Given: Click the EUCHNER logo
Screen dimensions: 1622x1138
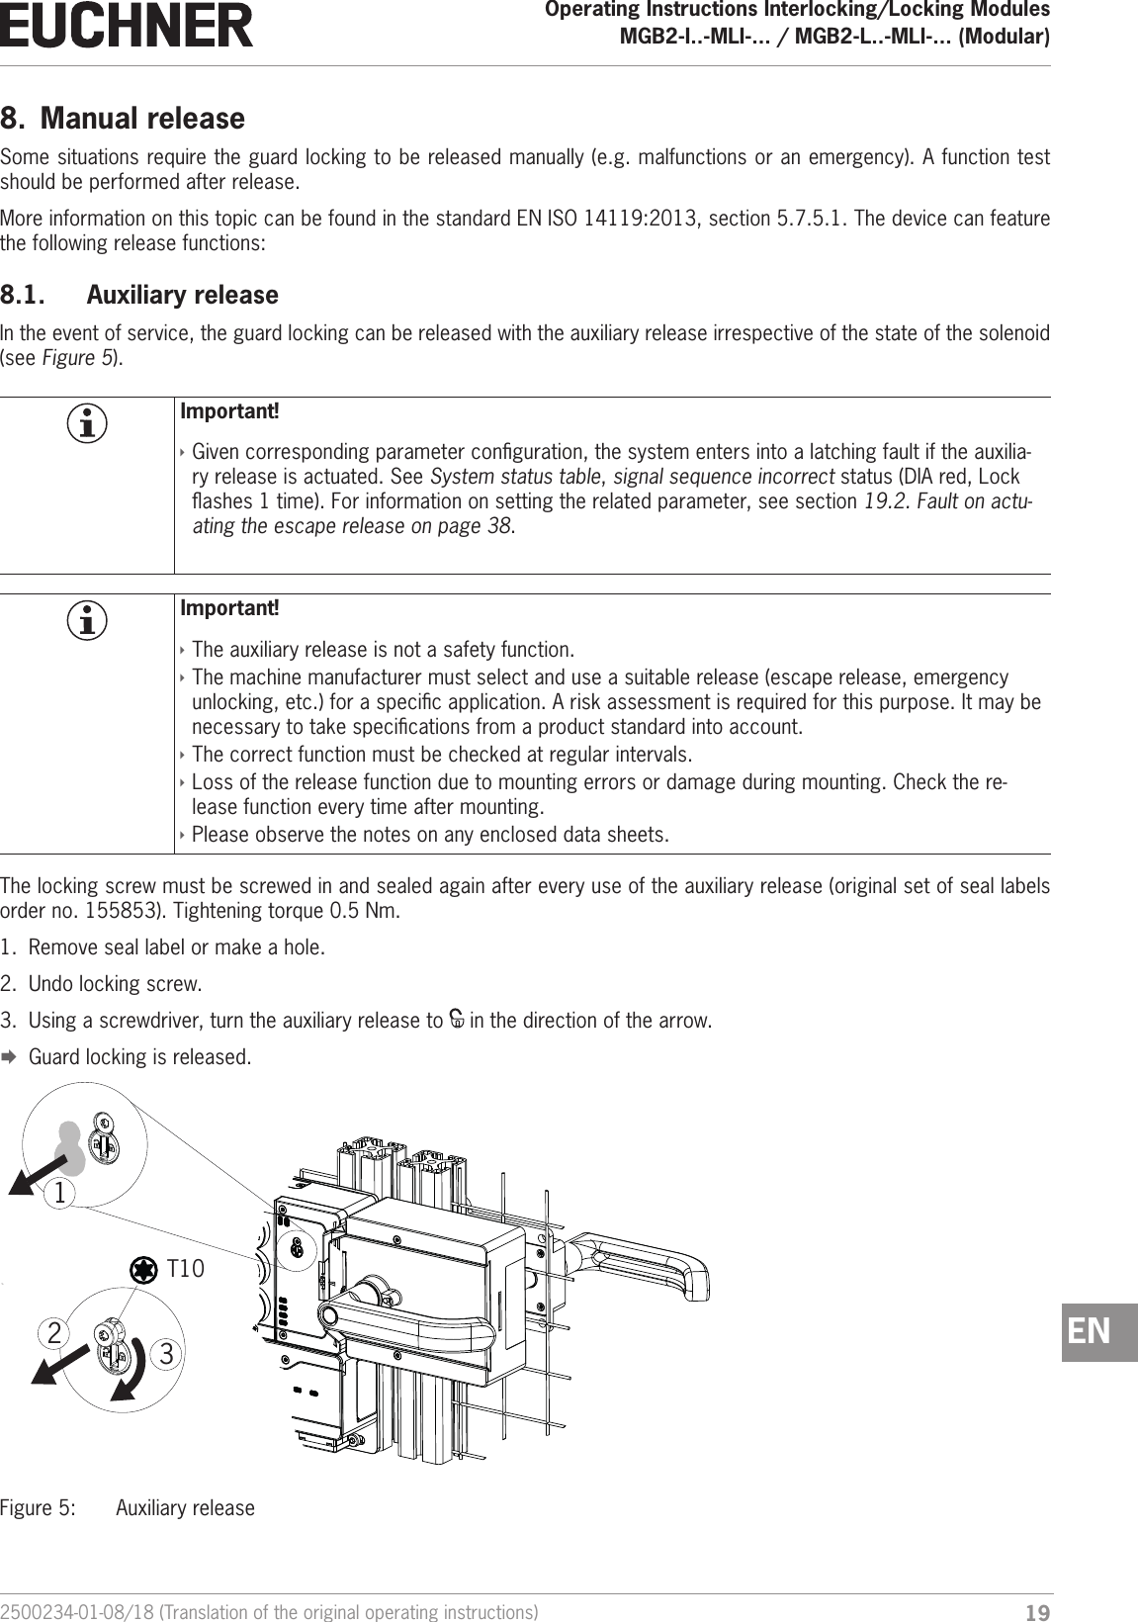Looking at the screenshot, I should tap(127, 26).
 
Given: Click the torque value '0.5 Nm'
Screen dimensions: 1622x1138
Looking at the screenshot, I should tap(368, 910).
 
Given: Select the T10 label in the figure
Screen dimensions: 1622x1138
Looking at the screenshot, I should tap(185, 1268).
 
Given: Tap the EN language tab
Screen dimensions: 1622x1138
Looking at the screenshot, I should tap(1099, 1332).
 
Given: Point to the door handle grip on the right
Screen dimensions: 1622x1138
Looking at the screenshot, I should tap(643, 1269).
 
